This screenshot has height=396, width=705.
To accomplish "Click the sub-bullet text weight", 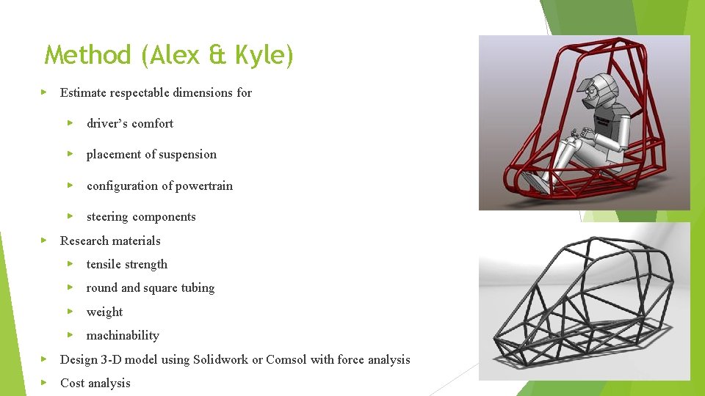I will point(104,312).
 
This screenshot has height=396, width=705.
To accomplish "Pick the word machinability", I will point(123,336).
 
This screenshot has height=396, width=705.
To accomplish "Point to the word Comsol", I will point(286,359).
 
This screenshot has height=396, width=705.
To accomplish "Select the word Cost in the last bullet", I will point(72,383).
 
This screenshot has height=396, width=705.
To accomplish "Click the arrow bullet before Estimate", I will point(44,92).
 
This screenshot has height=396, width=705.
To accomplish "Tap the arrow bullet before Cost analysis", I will point(44,383).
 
